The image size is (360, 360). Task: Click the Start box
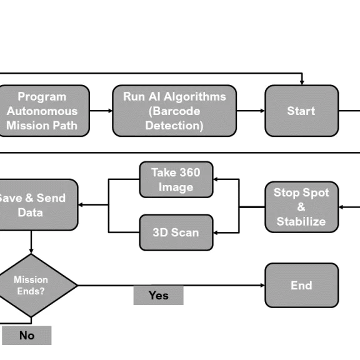[x=301, y=111]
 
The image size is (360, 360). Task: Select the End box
[x=301, y=285]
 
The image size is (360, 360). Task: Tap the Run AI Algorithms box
[x=174, y=111]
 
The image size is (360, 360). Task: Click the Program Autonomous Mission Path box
[x=42, y=111]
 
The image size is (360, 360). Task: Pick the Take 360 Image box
[x=176, y=179]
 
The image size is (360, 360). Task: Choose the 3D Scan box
[x=176, y=232]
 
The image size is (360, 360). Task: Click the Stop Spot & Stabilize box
[x=301, y=206]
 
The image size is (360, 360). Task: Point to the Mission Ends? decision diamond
[x=31, y=285]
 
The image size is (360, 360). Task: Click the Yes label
[x=158, y=295]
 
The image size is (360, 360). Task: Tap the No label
[x=26, y=336]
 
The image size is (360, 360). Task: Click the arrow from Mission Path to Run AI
[x=101, y=111]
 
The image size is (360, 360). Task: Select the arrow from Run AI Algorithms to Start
[x=251, y=111]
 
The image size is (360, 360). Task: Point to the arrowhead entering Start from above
[x=301, y=81]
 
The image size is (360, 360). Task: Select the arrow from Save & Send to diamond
[x=31, y=242]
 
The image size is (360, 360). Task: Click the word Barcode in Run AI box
[x=174, y=111]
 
